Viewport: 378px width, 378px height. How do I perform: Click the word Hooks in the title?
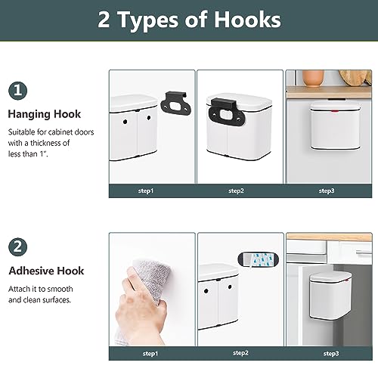coord(247,20)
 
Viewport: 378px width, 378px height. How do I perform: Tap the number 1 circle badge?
coord(17,91)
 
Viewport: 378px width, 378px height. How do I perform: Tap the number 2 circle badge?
coord(17,246)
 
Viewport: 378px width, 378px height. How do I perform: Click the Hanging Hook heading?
coord(45,114)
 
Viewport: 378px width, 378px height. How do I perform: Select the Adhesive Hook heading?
coord(46,271)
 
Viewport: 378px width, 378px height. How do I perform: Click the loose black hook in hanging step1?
coord(176,104)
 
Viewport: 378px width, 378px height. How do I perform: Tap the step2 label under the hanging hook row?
coord(236,191)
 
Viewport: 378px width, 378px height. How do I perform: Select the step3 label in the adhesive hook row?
coord(331,354)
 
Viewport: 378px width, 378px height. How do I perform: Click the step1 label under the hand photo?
coord(150,354)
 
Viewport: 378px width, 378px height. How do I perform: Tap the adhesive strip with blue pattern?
coord(259,260)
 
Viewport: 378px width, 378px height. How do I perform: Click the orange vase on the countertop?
coord(313,79)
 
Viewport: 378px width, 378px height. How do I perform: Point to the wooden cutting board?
coord(356,78)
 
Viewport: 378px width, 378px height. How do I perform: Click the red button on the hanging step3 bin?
coord(335,110)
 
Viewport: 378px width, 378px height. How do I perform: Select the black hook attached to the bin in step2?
coord(226,112)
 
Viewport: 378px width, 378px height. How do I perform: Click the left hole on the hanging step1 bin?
coord(125,122)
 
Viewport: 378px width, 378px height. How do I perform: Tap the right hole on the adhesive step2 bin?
coord(230,287)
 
